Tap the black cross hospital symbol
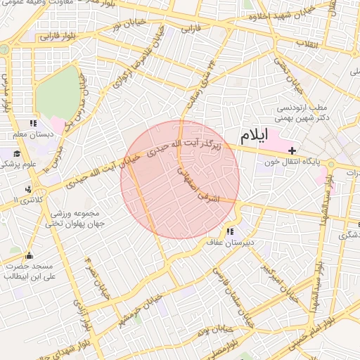292,150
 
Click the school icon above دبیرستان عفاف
230,231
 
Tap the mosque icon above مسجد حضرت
29,256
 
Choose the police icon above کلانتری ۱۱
29,189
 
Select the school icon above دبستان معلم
32,124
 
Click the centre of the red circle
180,180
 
